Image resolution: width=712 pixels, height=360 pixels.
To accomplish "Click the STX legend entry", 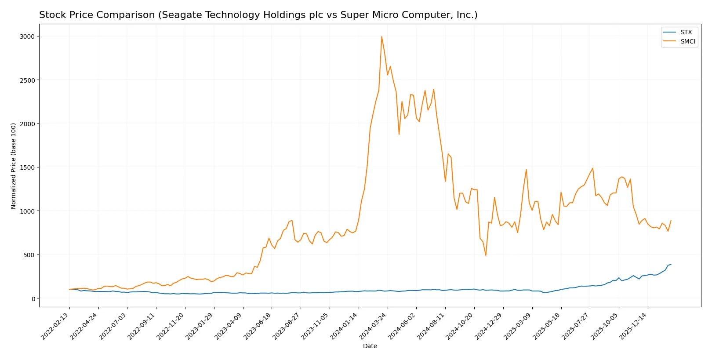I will [686, 33].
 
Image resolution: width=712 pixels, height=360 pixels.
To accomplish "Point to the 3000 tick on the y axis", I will [27, 36].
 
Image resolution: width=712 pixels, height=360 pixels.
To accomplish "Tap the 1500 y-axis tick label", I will [27, 167].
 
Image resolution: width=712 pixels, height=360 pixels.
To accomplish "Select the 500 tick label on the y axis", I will [29, 255].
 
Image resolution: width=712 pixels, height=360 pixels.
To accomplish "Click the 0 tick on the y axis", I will [33, 299].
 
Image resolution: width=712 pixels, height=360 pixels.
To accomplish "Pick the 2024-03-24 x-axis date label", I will [374, 327].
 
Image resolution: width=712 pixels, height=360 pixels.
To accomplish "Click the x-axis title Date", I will [370, 346].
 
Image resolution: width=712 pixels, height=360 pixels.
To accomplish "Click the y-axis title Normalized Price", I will [14, 166].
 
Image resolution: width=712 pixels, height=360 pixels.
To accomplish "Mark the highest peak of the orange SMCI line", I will [381, 36].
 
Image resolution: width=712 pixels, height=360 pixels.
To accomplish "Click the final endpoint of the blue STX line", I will [671, 265].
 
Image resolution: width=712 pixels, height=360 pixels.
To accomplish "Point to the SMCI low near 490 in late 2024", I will [486, 255].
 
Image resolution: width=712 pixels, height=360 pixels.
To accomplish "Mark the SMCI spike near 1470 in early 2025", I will [526, 170].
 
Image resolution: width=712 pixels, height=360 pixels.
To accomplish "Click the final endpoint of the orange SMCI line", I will [671, 221].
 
